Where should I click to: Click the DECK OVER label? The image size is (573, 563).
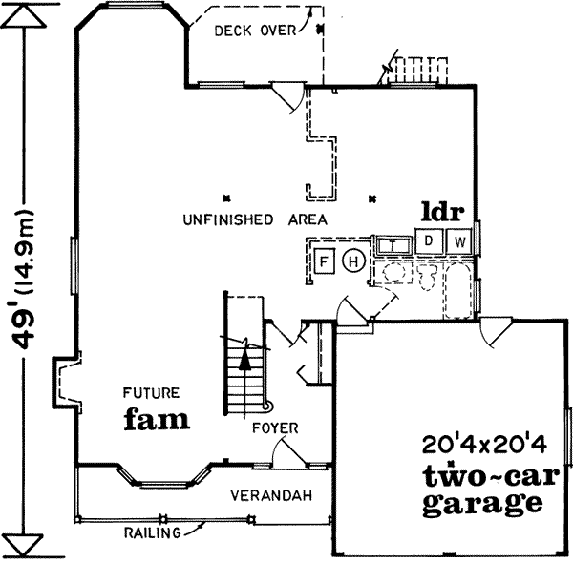[254, 31]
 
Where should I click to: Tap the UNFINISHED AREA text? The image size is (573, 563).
[254, 219]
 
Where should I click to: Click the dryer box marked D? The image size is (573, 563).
[430, 240]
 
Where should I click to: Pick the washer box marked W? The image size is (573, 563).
[459, 240]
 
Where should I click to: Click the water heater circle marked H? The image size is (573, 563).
[353, 261]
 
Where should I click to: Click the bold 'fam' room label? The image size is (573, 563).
[155, 418]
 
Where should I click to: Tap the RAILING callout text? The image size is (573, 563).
[152, 532]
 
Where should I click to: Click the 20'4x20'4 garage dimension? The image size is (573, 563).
[477, 445]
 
